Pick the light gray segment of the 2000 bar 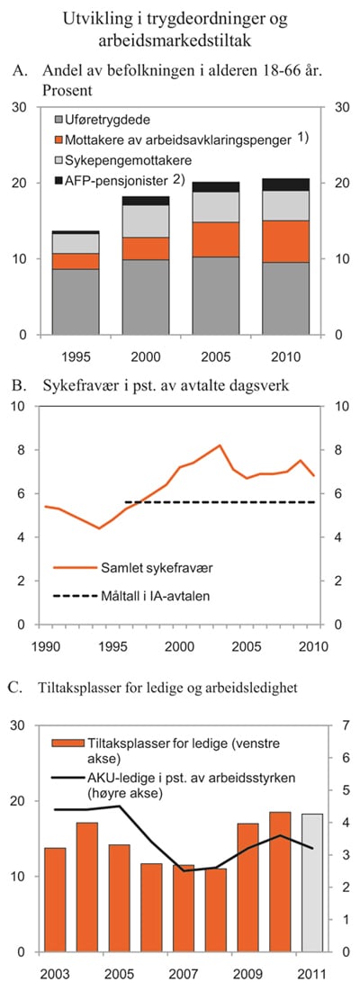144,221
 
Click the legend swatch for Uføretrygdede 59,120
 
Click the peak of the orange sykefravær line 220,445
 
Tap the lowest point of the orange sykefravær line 100,528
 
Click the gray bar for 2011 312,882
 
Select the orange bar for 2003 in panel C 55,899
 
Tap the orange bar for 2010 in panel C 280,881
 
